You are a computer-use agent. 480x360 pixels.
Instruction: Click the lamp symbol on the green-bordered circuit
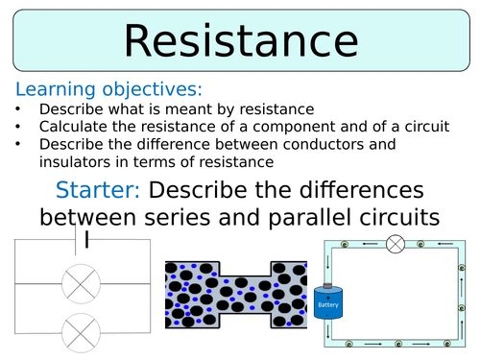(x=395, y=244)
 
